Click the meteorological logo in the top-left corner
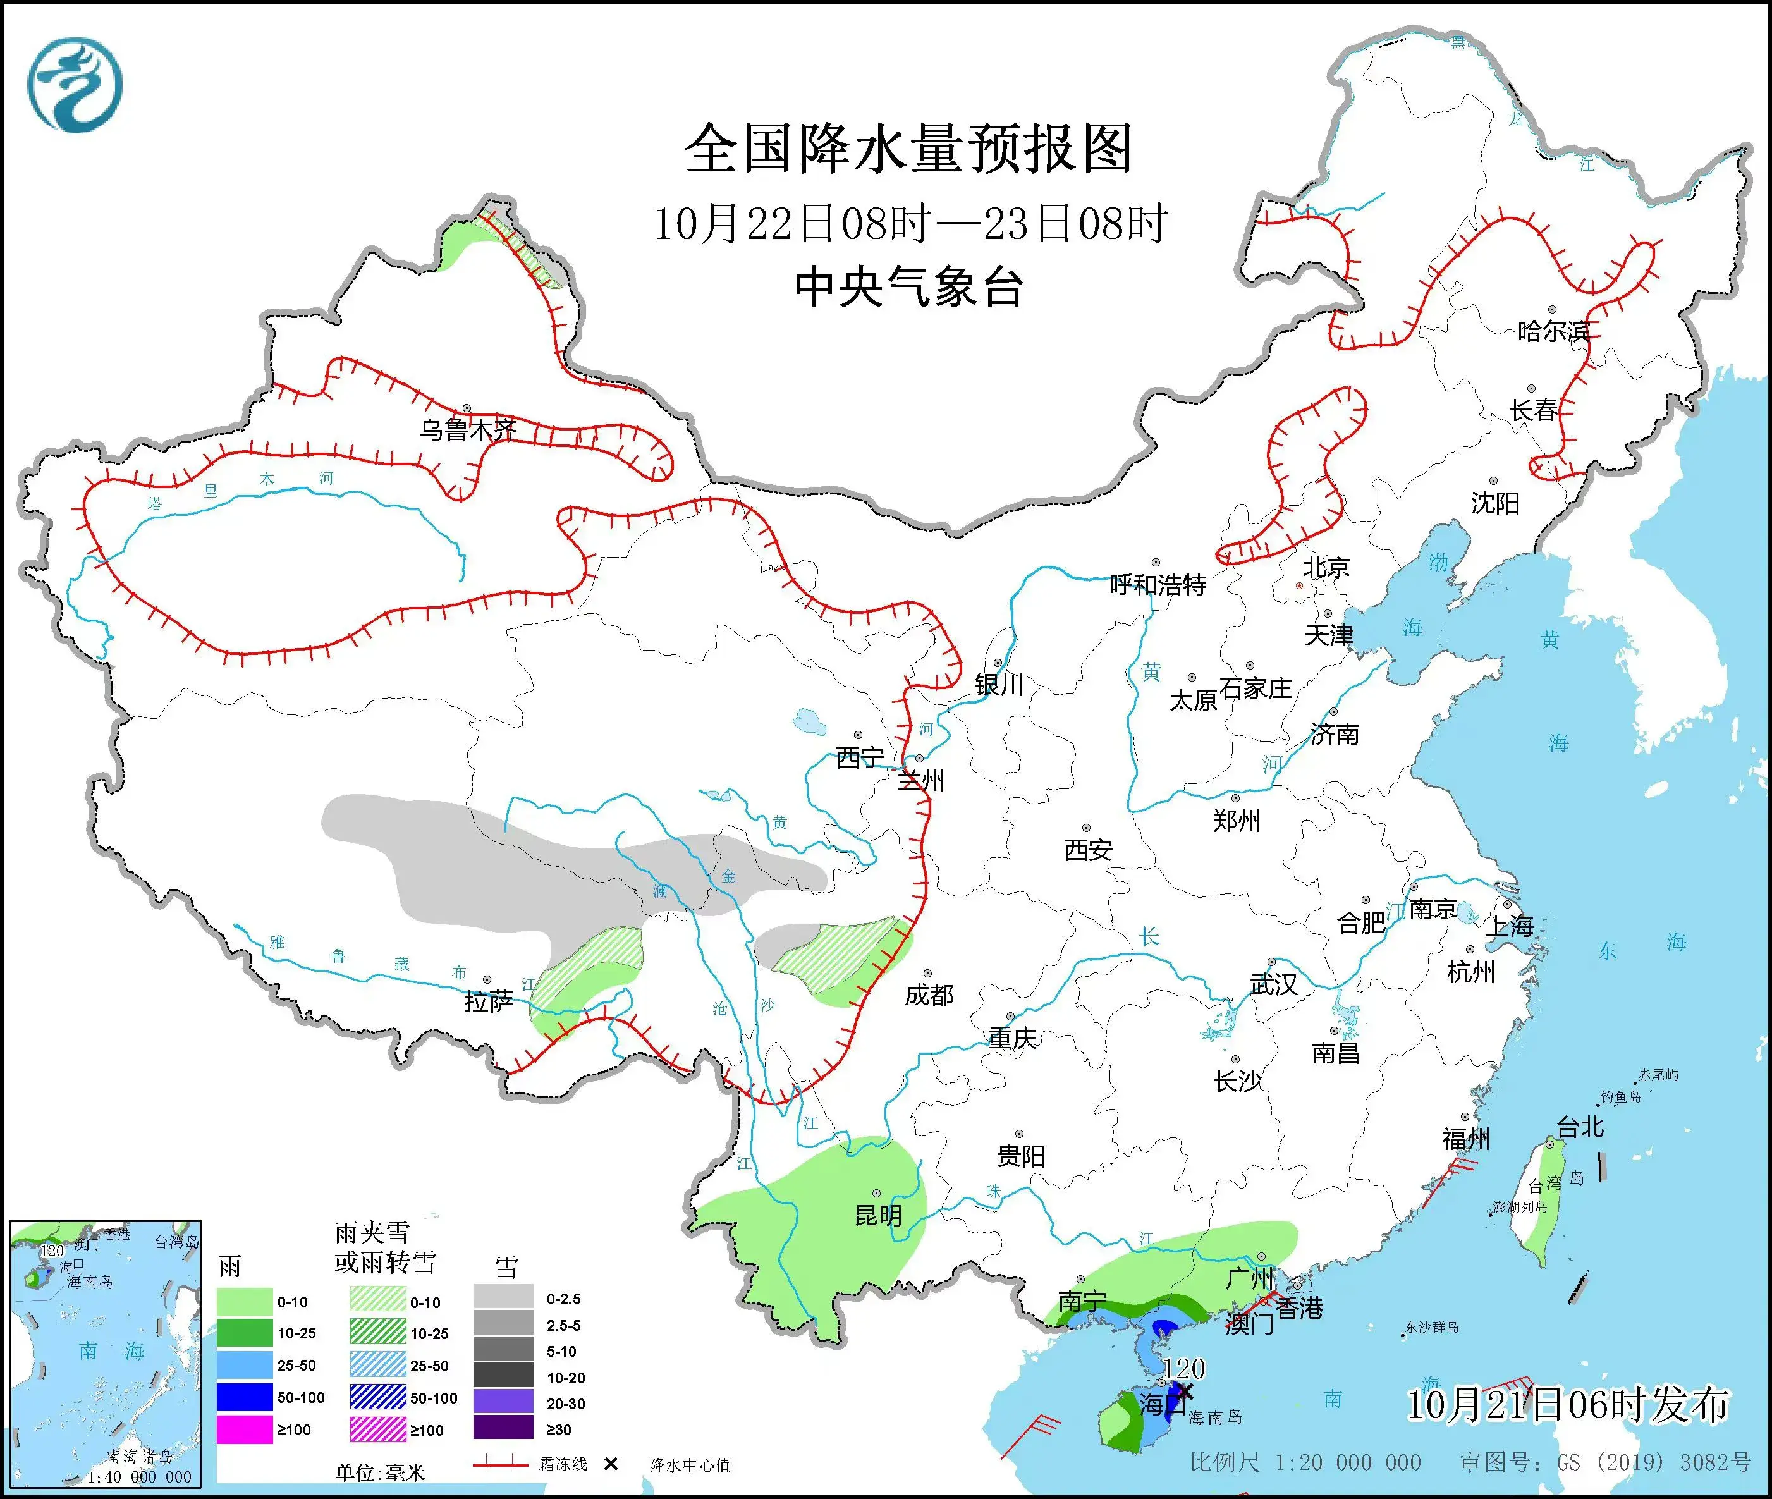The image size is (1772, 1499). tap(75, 85)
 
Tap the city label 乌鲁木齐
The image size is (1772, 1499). tap(467, 430)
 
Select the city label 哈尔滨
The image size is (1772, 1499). tap(1553, 331)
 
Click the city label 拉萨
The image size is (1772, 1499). tap(489, 1003)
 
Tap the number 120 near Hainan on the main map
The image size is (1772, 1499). tap(1184, 1369)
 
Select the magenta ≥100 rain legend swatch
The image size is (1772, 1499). tap(244, 1430)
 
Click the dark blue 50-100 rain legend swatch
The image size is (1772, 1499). tap(244, 1398)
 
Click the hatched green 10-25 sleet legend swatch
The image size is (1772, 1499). tap(377, 1333)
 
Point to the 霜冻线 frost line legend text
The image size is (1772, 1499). tap(563, 1464)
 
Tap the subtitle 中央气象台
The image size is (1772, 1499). tap(908, 286)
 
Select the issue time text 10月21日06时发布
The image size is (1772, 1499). tap(1567, 1405)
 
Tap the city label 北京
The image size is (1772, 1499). tap(1326, 567)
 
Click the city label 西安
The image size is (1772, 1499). tap(1088, 850)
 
